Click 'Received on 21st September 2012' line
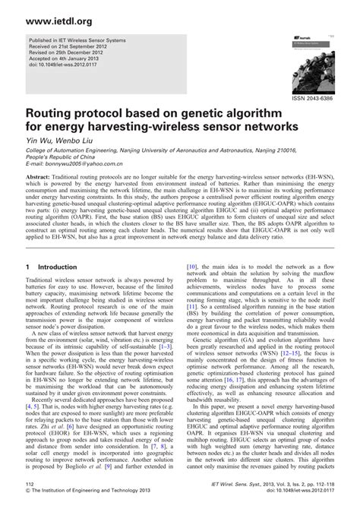(x=76, y=55)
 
